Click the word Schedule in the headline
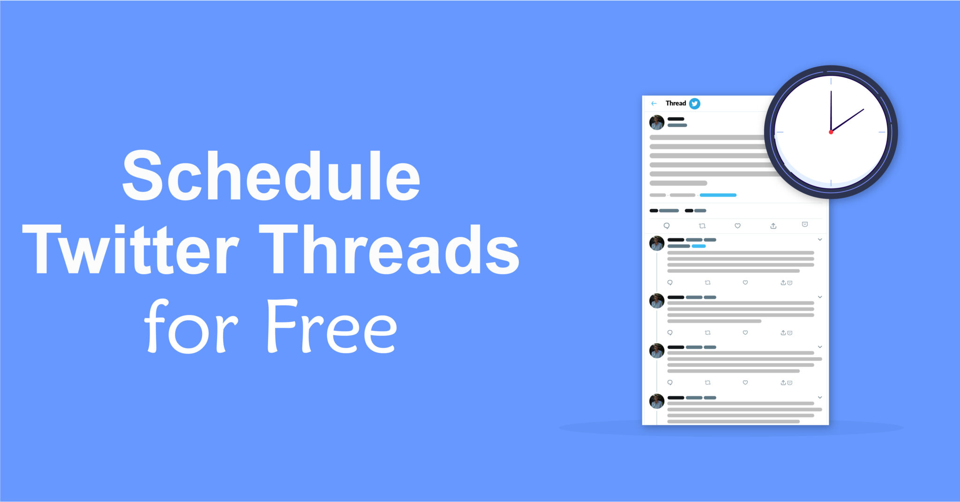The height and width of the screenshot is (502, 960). (271, 177)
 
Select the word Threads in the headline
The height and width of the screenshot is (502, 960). (389, 249)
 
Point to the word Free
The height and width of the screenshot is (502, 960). (332, 327)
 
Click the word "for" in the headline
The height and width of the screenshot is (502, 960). (191, 327)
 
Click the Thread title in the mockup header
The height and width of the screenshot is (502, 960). (675, 103)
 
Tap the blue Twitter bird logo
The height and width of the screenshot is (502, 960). (695, 103)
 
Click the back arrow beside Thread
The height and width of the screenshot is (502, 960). (654, 103)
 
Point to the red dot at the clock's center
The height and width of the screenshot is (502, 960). (831, 133)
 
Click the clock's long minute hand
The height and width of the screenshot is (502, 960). (831, 110)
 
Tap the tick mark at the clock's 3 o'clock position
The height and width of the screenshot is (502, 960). (882, 132)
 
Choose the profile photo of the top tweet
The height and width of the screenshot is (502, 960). (657, 123)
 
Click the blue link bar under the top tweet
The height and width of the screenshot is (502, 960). (718, 195)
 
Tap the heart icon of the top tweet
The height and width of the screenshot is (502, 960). (737, 226)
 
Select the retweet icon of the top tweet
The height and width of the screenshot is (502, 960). (702, 226)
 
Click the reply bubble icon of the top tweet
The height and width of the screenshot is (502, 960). (667, 226)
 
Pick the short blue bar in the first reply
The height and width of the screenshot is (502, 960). (698, 246)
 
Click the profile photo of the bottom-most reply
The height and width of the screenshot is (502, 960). (657, 401)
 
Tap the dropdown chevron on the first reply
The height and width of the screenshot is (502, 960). (820, 240)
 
